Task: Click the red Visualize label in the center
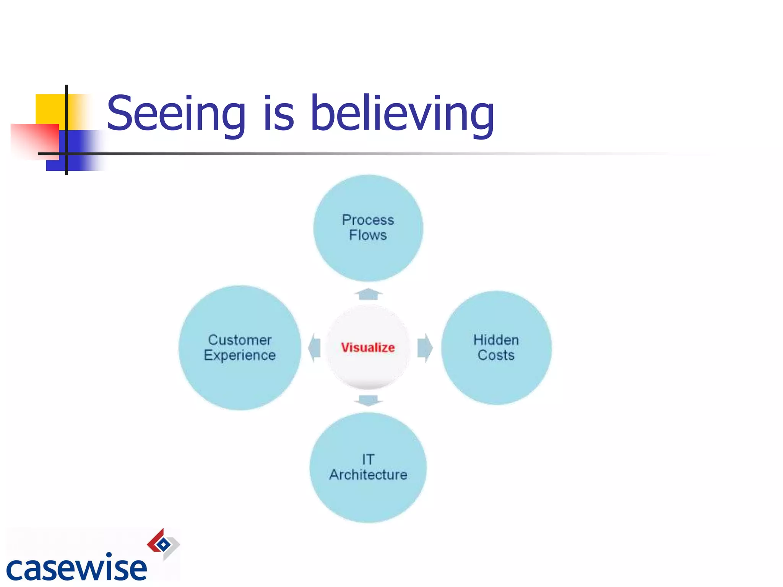pyautogui.click(x=368, y=347)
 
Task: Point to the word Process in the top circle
pyautogui.click(x=368, y=220)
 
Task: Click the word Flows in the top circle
pyautogui.click(x=368, y=235)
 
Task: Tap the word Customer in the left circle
pyautogui.click(x=240, y=340)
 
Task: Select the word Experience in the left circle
pyautogui.click(x=240, y=355)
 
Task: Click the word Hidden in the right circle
pyautogui.click(x=496, y=340)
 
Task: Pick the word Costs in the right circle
pyautogui.click(x=496, y=355)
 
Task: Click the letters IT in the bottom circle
pyautogui.click(x=368, y=459)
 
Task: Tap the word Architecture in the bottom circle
pyautogui.click(x=368, y=475)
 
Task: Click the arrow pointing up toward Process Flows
pyautogui.click(x=368, y=294)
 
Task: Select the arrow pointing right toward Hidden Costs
pyautogui.click(x=425, y=348)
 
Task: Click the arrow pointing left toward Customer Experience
pyautogui.click(x=315, y=348)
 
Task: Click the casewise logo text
pyautogui.click(x=76, y=568)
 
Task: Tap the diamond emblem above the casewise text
pyautogui.click(x=163, y=544)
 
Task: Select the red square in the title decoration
pyautogui.click(x=34, y=139)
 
